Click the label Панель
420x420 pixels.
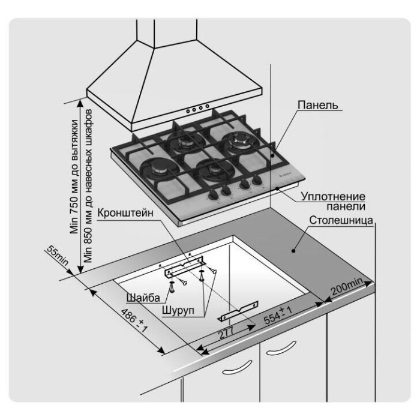[317, 106]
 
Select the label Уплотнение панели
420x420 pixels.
[333, 200]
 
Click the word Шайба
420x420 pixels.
[143, 297]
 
